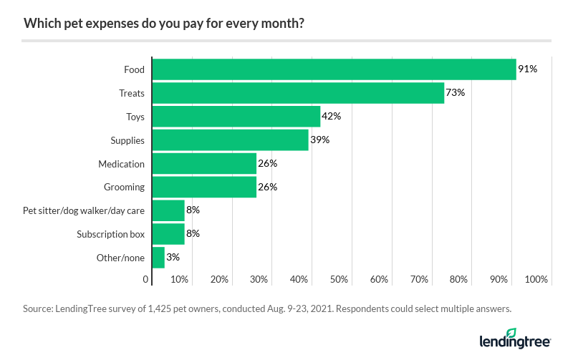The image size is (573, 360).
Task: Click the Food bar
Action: coord(334,69)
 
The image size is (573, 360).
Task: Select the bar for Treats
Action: coord(298,93)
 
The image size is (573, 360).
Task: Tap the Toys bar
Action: coord(236,117)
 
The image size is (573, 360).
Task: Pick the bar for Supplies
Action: coord(230,140)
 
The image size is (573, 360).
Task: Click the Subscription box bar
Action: coord(168,234)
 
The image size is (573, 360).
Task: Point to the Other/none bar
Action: coord(158,258)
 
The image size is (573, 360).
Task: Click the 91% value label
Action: coord(528,69)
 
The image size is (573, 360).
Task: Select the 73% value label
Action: coord(456,93)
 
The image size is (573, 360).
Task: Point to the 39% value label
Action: coord(319,140)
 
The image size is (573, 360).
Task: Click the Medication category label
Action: coord(121,164)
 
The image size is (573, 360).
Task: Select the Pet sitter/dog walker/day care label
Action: coord(84,210)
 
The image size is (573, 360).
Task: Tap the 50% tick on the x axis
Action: coord(339,279)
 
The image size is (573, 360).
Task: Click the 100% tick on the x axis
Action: coord(536,279)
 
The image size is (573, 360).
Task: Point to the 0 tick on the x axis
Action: coord(147,279)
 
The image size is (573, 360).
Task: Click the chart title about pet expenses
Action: coord(163,23)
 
